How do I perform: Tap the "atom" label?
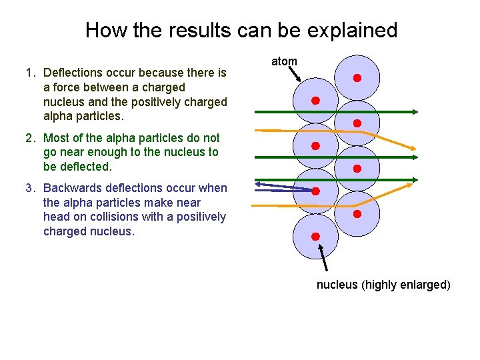pos(284,61)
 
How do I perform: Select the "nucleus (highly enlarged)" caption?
pos(383,285)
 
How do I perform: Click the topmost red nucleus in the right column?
pos(357,78)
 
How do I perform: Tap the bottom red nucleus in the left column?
pos(315,236)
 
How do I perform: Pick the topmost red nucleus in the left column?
pos(315,101)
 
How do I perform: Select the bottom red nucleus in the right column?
pos(357,214)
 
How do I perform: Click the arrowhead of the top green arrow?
pos(415,111)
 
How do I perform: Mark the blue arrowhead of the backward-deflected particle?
pos(261,184)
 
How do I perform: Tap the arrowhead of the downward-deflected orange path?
pos(413,148)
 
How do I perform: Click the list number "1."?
pos(31,73)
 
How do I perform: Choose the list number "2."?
pos(31,138)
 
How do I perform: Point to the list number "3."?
pos(31,188)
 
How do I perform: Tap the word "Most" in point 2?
pos(56,138)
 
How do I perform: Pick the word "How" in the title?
pos(103,30)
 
